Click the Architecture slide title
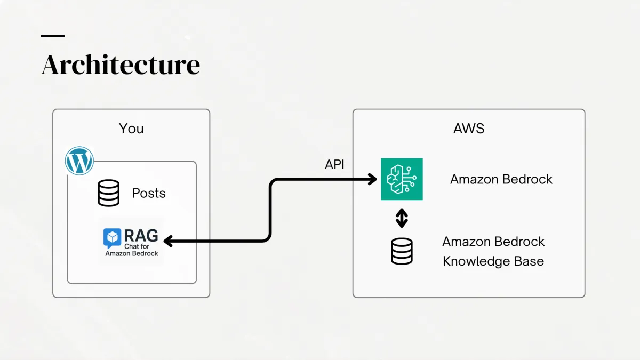pyautogui.click(x=121, y=65)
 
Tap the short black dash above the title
pyautogui.click(x=53, y=36)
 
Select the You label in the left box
pyautogui.click(x=131, y=129)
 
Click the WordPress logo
pyautogui.click(x=79, y=161)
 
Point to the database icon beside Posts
pyautogui.click(x=109, y=193)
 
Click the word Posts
pyautogui.click(x=149, y=193)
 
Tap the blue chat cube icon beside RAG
pyautogui.click(x=113, y=237)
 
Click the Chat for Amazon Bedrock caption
pyautogui.click(x=132, y=250)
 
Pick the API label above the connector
pyautogui.click(x=334, y=165)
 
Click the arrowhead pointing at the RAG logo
pyautogui.click(x=167, y=242)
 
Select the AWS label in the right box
pyautogui.click(x=468, y=129)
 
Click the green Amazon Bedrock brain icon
pyautogui.click(x=402, y=179)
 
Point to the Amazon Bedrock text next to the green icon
pyautogui.click(x=501, y=179)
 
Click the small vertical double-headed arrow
pyautogui.click(x=402, y=218)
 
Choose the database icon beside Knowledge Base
pyautogui.click(x=402, y=251)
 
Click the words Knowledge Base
pyautogui.click(x=493, y=261)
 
